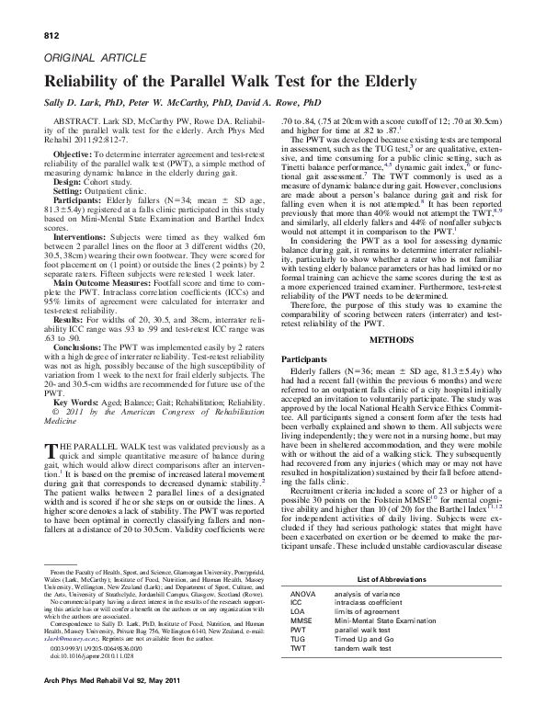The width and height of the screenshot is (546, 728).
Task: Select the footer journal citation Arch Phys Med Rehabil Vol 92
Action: click(x=106, y=703)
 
